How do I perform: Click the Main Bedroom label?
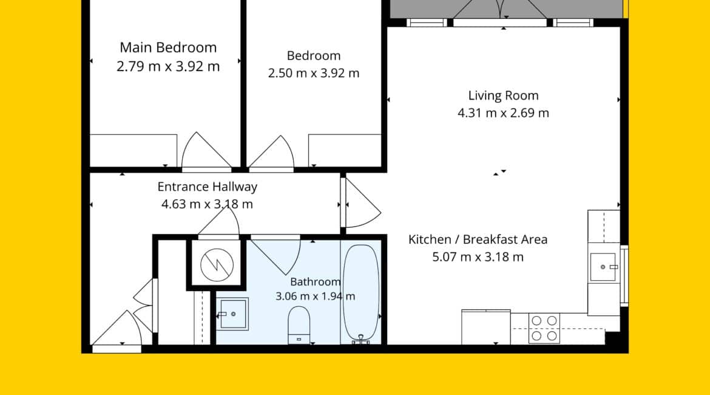point(168,47)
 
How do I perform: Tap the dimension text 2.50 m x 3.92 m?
point(313,73)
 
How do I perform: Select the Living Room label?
point(503,95)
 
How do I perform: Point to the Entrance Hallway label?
point(208,187)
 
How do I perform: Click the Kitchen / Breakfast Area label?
point(478,239)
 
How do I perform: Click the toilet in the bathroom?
point(299,325)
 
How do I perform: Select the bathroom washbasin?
point(232,314)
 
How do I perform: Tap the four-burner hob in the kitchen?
point(544,328)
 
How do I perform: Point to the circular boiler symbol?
point(217,265)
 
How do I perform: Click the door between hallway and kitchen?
point(362,203)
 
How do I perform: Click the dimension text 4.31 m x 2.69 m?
point(503,113)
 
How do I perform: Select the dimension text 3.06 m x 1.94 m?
point(315,297)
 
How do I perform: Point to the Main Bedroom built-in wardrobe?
point(134,151)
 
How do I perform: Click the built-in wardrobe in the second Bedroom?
point(345,151)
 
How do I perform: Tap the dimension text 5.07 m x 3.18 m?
point(478,257)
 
